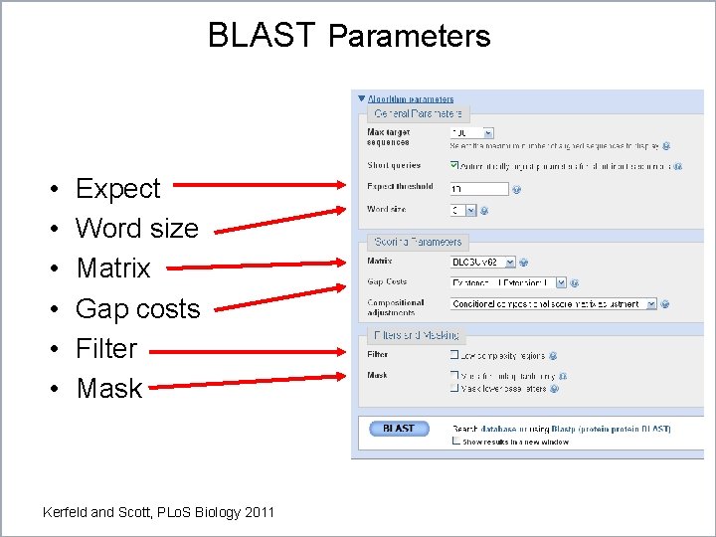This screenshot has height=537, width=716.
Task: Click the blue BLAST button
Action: pyautogui.click(x=398, y=429)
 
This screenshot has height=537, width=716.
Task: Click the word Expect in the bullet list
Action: pyautogui.click(x=117, y=188)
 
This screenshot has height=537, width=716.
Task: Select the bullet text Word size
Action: pyautogui.click(x=136, y=228)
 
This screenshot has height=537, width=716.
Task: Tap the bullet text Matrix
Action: pyautogui.click(x=112, y=268)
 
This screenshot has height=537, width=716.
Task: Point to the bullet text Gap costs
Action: pyautogui.click(x=137, y=308)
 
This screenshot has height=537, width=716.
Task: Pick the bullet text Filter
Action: pyautogui.click(x=105, y=348)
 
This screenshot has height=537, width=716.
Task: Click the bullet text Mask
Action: pyautogui.click(x=109, y=388)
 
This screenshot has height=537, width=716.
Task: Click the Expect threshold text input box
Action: pyautogui.click(x=478, y=189)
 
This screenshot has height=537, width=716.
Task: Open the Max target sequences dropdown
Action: pyautogui.click(x=471, y=132)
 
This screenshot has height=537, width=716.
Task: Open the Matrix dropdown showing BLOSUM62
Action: pyautogui.click(x=482, y=263)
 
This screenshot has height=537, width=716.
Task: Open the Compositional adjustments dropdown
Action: pyautogui.click(x=553, y=303)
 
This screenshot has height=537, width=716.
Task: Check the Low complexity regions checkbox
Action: pyautogui.click(x=454, y=355)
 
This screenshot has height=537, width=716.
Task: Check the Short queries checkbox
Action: pyautogui.click(x=454, y=166)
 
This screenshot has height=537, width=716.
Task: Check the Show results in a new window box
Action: pyautogui.click(x=456, y=442)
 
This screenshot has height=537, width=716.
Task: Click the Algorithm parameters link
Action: pyautogui.click(x=410, y=99)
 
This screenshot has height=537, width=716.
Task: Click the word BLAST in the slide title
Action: pyautogui.click(x=262, y=35)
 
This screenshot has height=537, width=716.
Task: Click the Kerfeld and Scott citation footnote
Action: pyautogui.click(x=158, y=512)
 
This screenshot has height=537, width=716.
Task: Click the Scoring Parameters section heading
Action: pyautogui.click(x=418, y=242)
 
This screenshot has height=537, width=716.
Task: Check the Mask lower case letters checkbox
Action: pyautogui.click(x=454, y=389)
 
